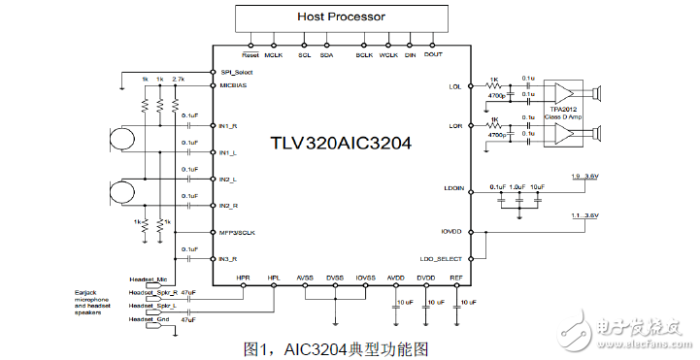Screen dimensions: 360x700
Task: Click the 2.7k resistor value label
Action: [x=178, y=78]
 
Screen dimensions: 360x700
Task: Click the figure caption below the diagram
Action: [x=335, y=347]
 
